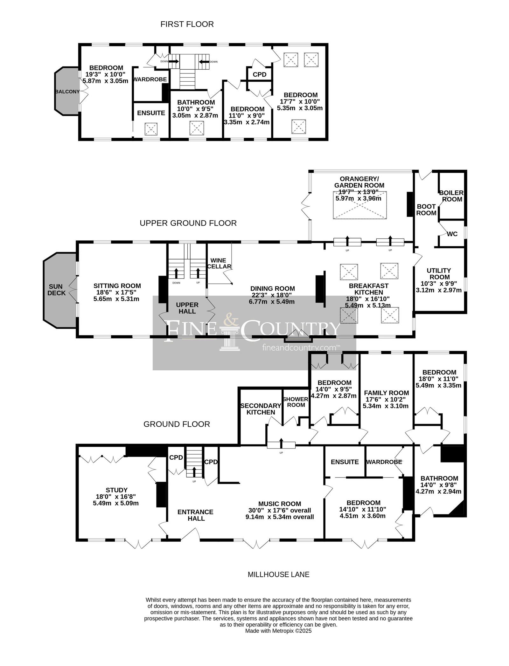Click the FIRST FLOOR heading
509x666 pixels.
[x=187, y=24]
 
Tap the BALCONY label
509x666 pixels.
[x=67, y=92]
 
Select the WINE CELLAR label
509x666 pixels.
[x=219, y=263]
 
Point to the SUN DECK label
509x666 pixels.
[x=57, y=290]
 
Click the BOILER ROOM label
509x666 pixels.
[x=451, y=196]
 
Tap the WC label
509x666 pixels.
[x=452, y=234]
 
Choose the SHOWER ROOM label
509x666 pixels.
[x=296, y=402]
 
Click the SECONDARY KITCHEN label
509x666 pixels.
[x=261, y=409]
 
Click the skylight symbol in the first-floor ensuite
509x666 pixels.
[x=151, y=129]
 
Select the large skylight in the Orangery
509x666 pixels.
[x=360, y=205]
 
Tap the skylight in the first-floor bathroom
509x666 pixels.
[x=196, y=128]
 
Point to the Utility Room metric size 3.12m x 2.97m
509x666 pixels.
[x=439, y=290]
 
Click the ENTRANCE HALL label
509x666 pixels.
[x=195, y=515]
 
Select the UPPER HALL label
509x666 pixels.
[x=187, y=308]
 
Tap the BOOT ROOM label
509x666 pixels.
[x=426, y=210]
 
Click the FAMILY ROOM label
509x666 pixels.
[x=386, y=393]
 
